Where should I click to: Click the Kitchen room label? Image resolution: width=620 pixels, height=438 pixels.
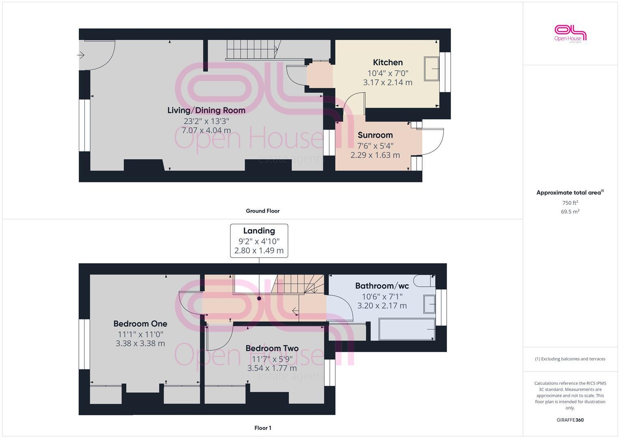click(x=388, y=62)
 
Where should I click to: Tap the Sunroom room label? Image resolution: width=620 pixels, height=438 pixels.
click(x=375, y=135)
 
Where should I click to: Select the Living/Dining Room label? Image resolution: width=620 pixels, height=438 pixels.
click(x=206, y=110)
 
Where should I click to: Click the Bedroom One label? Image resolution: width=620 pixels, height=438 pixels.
click(x=140, y=324)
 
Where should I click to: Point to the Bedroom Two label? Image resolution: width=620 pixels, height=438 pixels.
click(x=272, y=348)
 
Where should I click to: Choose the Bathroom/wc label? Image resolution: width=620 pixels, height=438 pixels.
click(x=382, y=286)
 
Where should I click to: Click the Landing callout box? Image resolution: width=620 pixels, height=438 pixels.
click(x=259, y=240)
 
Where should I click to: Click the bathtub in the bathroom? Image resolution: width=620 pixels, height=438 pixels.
click(x=406, y=329)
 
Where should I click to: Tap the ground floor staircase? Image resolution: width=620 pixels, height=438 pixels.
click(x=252, y=49)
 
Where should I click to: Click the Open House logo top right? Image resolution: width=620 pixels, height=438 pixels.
click(x=570, y=33)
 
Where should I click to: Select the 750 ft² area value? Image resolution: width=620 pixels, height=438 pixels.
click(x=570, y=203)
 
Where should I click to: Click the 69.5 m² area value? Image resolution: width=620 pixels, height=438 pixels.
click(x=570, y=212)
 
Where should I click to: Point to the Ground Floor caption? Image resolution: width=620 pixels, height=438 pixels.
click(x=263, y=211)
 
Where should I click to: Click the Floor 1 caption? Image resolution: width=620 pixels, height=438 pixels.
click(x=263, y=428)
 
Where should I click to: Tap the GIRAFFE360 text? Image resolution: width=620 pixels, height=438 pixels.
click(x=570, y=420)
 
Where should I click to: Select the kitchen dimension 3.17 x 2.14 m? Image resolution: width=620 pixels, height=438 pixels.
click(x=388, y=83)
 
